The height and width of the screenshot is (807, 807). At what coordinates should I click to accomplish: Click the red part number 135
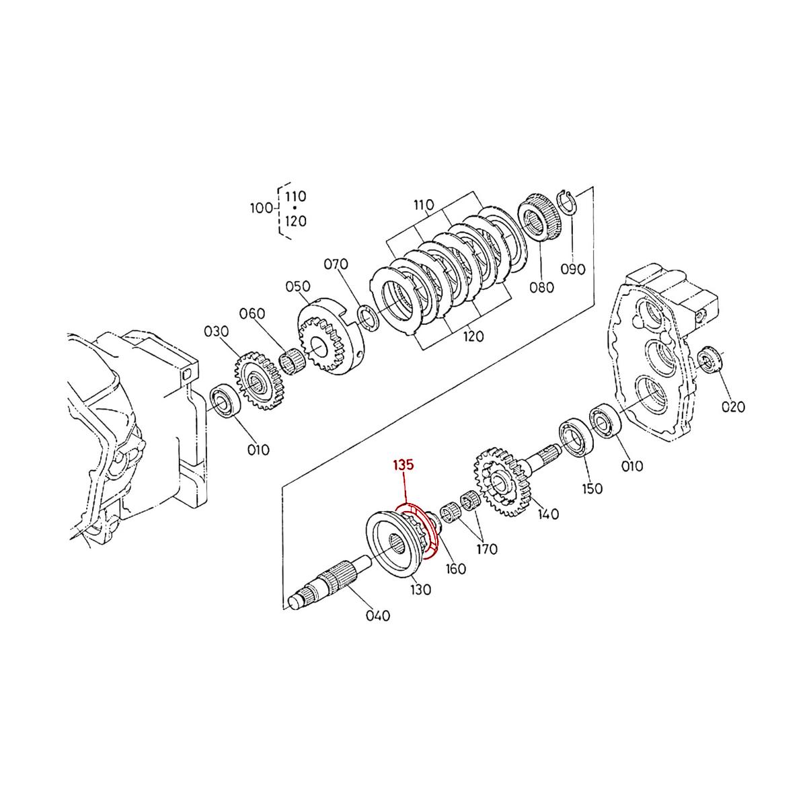tap(404, 465)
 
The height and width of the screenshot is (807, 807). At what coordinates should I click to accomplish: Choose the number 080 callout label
tap(541, 288)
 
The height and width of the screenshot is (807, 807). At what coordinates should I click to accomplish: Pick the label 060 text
tap(252, 313)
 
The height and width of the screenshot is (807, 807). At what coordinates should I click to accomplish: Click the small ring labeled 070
tap(367, 317)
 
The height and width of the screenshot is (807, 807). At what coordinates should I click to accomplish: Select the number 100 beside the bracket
tap(261, 208)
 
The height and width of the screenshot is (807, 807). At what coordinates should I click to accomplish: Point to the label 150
tap(592, 488)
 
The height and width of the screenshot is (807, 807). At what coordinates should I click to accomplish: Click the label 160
tap(456, 569)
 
